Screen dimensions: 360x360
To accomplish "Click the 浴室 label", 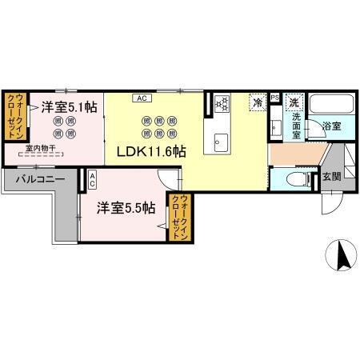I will click(x=331, y=126).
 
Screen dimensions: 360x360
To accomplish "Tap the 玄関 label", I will click(x=331, y=176).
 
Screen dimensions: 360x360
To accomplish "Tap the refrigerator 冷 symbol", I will click(x=258, y=102).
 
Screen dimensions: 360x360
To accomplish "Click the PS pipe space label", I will click(x=275, y=98).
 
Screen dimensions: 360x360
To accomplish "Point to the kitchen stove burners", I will click(x=222, y=103).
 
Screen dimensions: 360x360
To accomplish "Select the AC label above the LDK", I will click(x=141, y=98).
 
